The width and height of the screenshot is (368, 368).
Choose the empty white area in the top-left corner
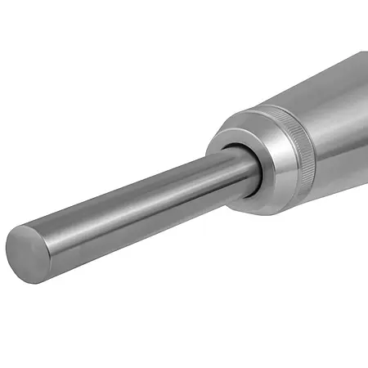point(33,33)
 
